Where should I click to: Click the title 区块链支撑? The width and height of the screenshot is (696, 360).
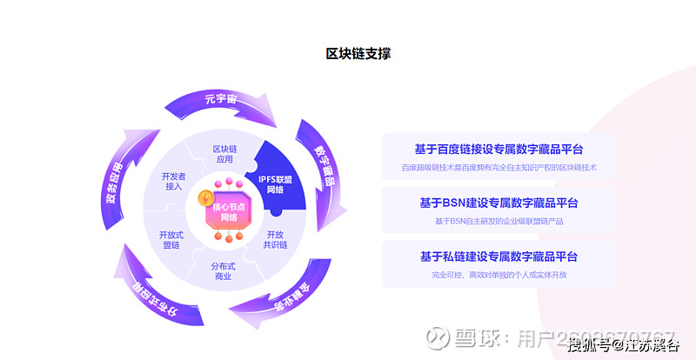[x=358, y=54]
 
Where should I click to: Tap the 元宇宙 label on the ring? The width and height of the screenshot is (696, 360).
[x=221, y=97]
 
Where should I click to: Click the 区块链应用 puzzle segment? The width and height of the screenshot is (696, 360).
[x=224, y=154]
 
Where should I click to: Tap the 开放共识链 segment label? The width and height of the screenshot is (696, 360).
[x=275, y=239]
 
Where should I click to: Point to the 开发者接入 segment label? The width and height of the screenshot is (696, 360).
[x=173, y=180]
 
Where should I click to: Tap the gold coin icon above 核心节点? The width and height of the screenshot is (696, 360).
[x=207, y=197]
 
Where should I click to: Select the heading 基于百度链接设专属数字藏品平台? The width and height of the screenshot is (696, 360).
[x=498, y=149]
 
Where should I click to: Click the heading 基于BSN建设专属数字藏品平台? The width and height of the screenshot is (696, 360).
[x=498, y=203]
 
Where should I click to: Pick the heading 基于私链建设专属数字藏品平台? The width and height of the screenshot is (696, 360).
[x=498, y=257]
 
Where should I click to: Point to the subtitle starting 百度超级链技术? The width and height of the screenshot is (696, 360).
[x=498, y=166]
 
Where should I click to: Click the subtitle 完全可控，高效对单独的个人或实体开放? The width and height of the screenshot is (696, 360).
[x=498, y=274]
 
